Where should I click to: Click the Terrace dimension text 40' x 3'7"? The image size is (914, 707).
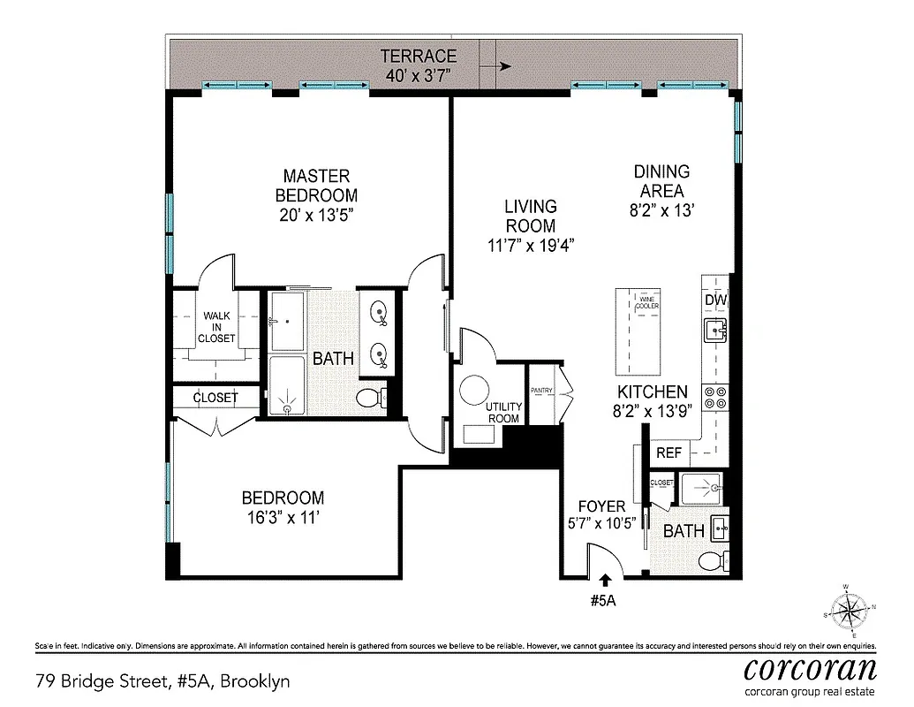(419, 76)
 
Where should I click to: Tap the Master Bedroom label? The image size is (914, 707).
(316, 186)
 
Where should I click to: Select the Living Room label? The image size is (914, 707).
(530, 216)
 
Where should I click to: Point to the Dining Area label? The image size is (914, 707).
(661, 180)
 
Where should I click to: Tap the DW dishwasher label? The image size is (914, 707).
(715, 300)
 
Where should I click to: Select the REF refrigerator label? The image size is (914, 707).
(669, 453)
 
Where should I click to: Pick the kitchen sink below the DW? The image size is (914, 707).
(714, 331)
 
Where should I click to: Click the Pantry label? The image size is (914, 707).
(541, 390)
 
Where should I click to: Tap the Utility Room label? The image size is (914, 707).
(503, 412)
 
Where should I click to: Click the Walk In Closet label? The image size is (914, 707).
(216, 326)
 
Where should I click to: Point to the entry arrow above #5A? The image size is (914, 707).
(605, 581)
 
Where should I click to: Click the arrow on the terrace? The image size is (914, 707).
(503, 65)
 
